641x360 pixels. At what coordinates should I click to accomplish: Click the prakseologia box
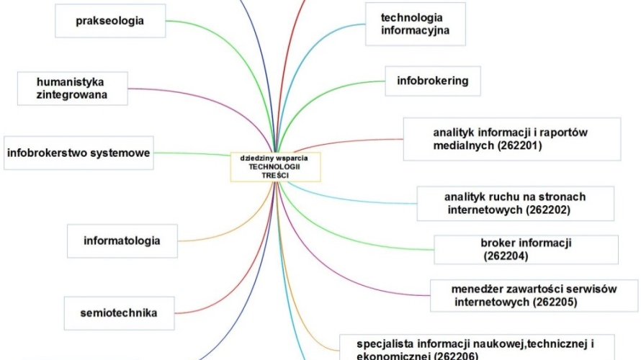pos(110,21)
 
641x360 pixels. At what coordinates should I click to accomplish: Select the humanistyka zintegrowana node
pos(73,89)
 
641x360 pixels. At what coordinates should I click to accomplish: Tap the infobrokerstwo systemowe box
pos(79,153)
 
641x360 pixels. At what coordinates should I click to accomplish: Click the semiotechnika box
pos(119,312)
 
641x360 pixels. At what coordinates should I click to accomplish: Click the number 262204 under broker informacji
pos(506,256)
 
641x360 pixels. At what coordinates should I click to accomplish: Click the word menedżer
pos(478,289)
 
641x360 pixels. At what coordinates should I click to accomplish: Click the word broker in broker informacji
pos(497,243)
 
